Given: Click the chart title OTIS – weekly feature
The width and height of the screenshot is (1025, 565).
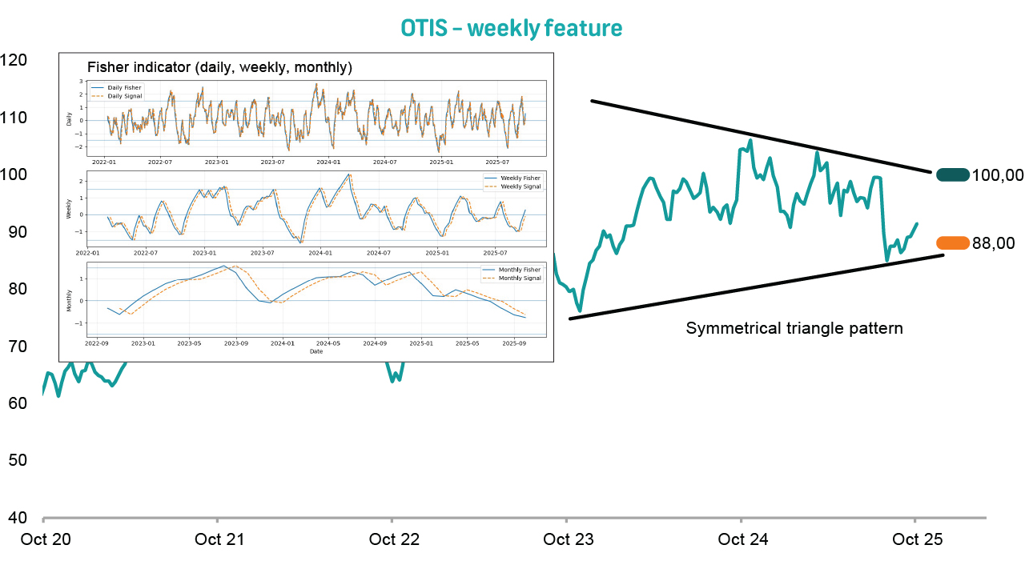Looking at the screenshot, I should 511,29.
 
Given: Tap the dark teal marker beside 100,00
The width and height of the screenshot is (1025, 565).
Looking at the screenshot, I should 952,174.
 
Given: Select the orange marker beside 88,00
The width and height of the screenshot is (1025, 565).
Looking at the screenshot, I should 952,243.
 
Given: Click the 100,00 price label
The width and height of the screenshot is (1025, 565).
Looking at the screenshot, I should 997,175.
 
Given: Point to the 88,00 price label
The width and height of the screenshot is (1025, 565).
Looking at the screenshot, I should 993,244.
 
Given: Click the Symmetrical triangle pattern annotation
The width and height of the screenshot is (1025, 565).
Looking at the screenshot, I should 794,328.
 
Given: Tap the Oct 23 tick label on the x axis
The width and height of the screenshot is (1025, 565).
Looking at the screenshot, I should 569,539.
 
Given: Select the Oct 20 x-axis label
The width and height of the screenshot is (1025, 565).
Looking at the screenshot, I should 46,539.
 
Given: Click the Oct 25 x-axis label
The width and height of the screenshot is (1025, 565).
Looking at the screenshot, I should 918,539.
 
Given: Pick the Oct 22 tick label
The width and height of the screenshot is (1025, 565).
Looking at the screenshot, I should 394,539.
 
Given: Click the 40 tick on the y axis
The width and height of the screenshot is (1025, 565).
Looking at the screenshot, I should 18,517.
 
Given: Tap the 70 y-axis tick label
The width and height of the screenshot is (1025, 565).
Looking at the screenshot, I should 18,346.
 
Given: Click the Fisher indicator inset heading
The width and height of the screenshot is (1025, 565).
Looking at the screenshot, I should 219,67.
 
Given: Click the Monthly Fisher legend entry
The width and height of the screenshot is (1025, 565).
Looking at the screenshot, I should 519,270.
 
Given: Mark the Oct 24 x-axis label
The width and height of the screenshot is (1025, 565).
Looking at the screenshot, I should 743,539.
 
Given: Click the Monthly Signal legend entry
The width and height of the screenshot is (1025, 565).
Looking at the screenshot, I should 519,278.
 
